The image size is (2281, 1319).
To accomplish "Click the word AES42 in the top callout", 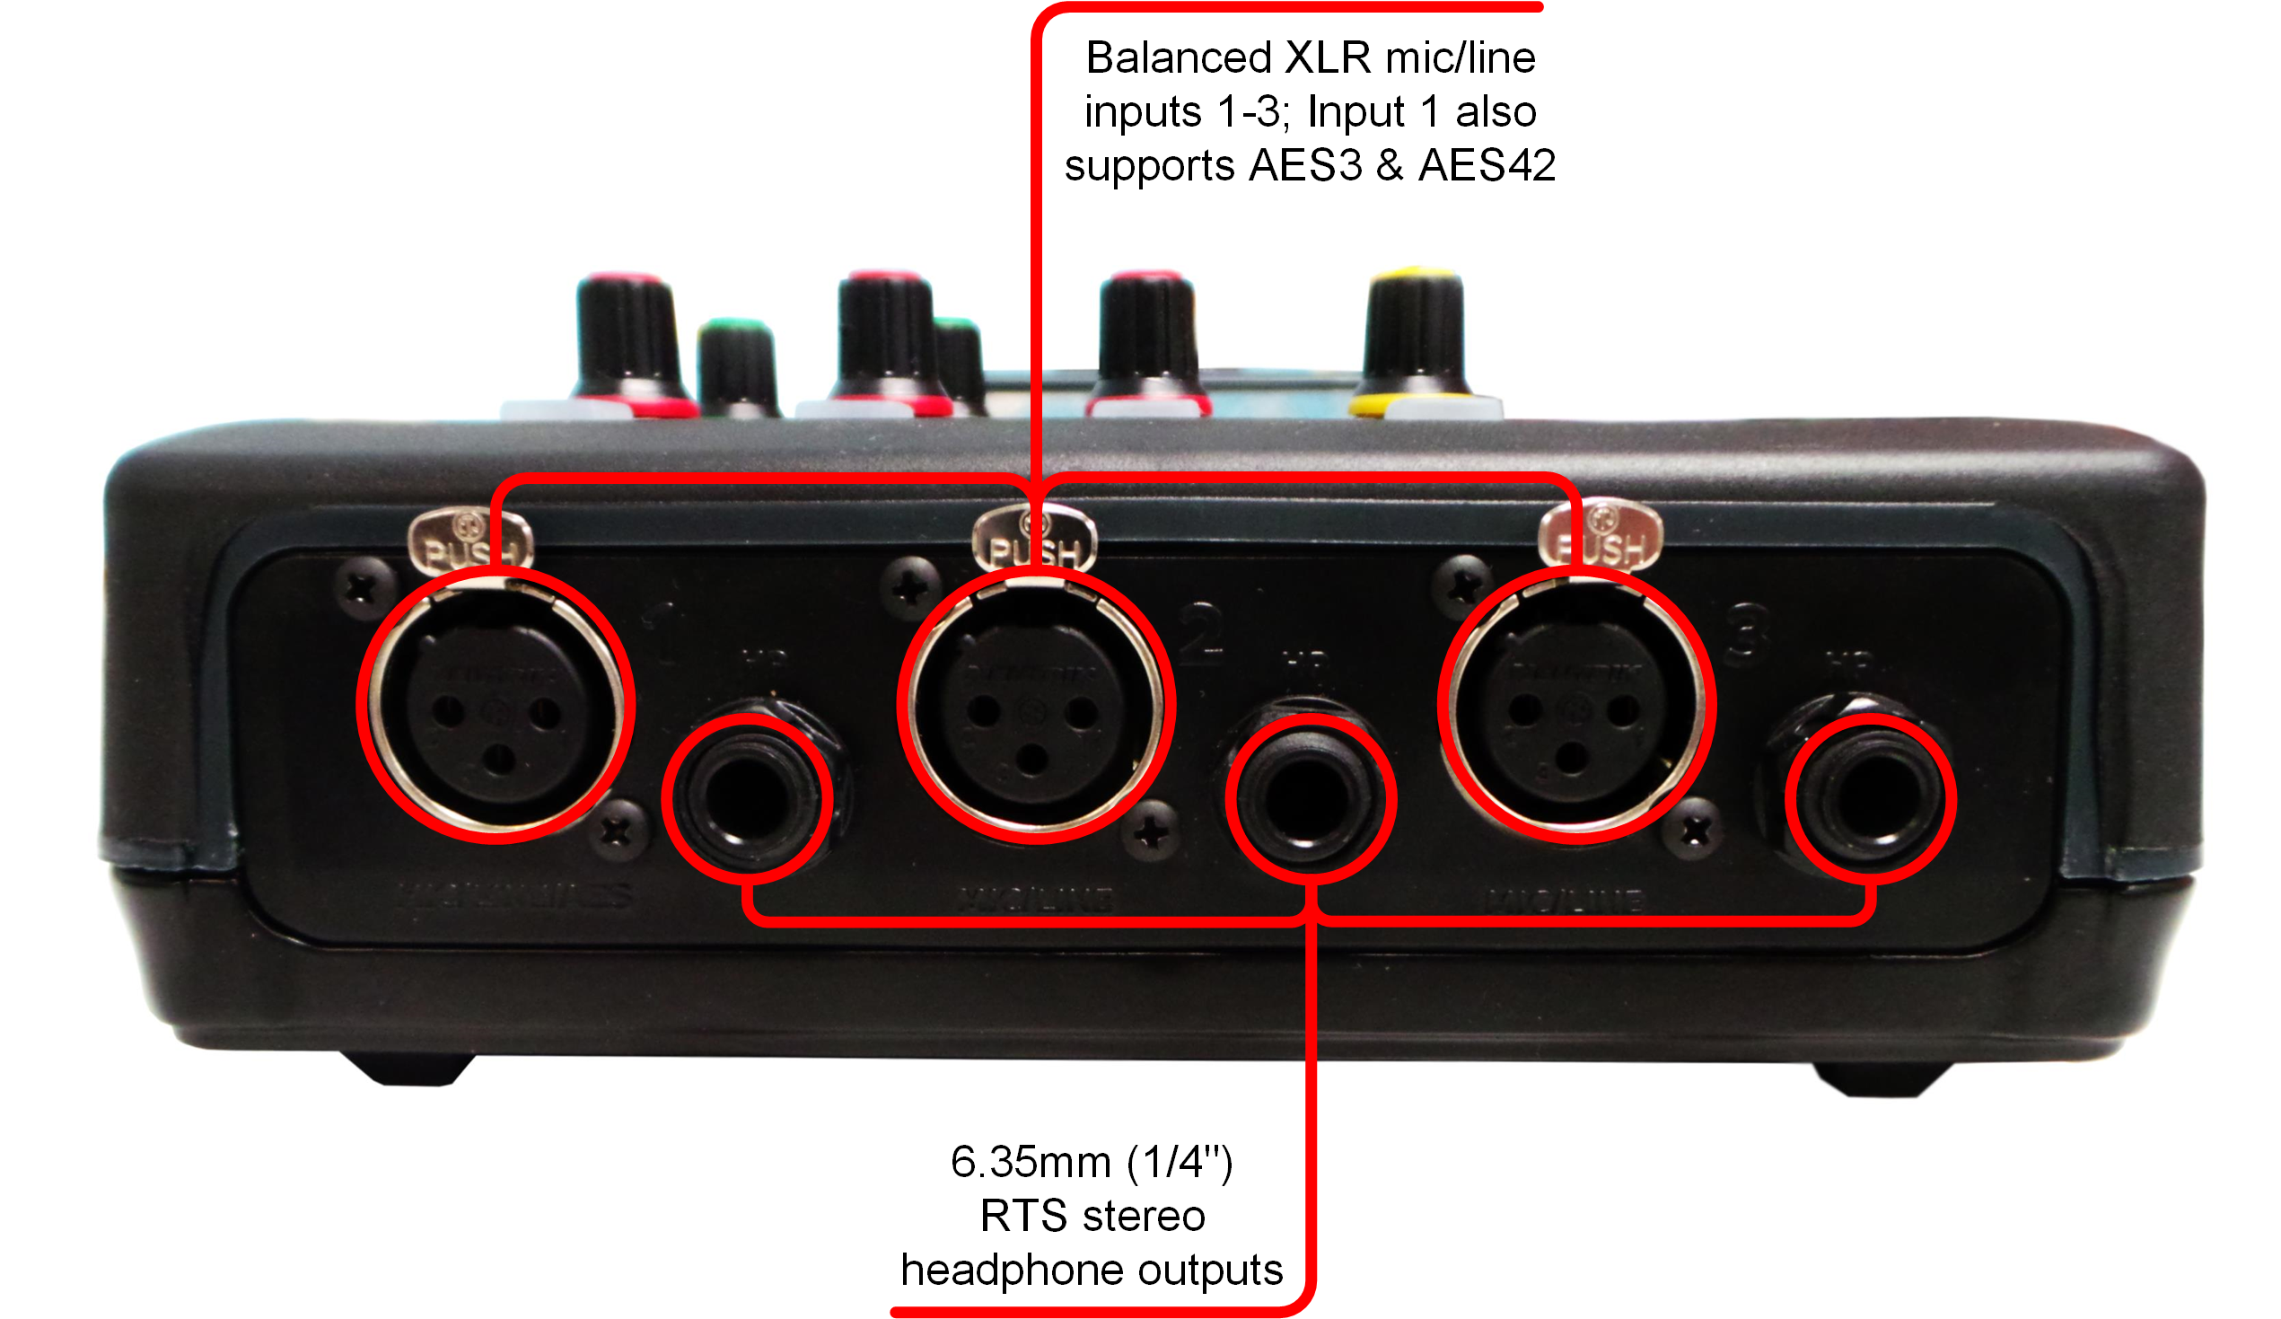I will pos(1487,166).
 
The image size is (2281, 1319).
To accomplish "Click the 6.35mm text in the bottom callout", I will pos(1030,1163).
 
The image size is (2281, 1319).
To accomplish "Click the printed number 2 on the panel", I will pos(1202,634).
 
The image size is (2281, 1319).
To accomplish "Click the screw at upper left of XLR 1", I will pos(363,589).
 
